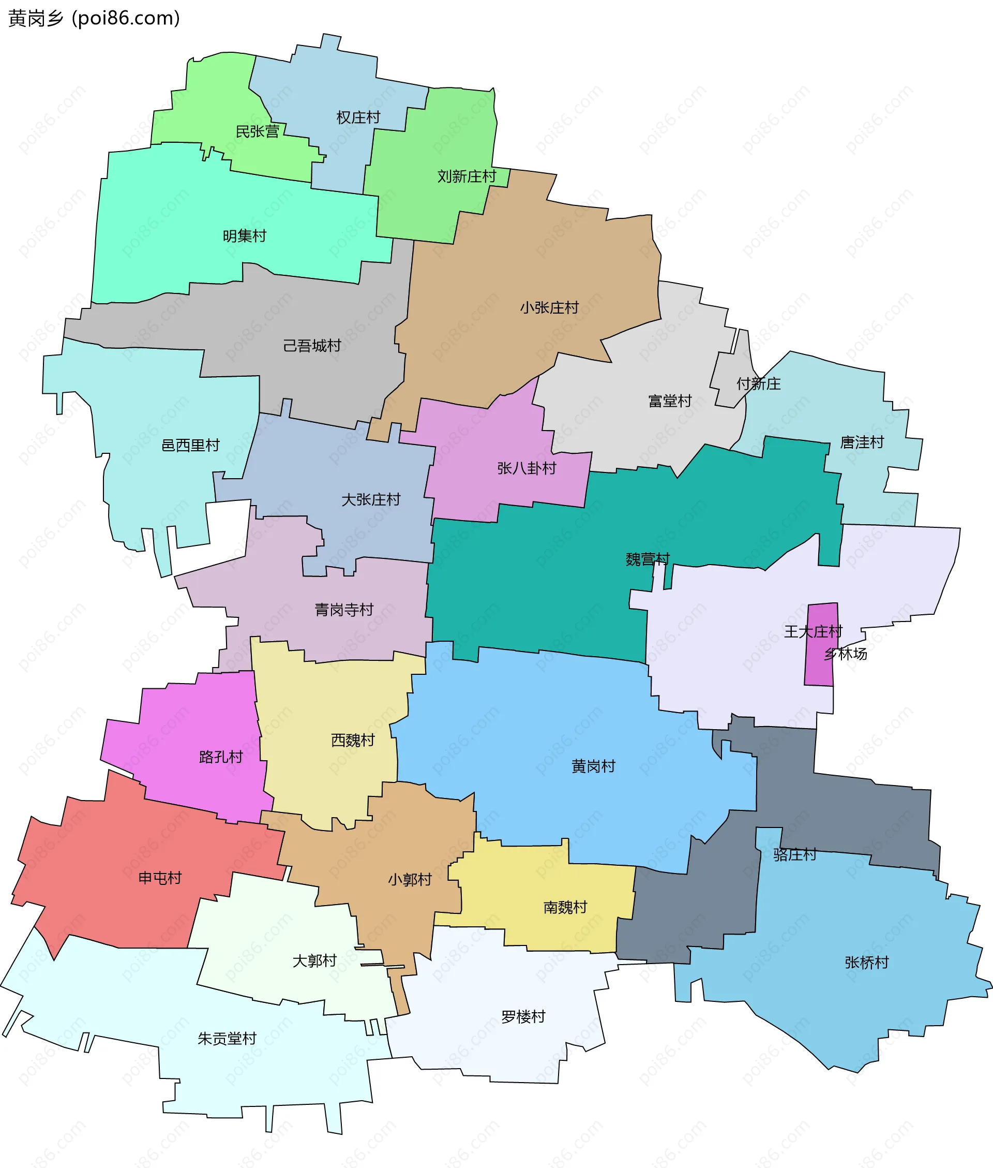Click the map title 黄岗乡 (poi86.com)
94,19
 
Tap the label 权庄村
358,117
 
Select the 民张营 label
257,132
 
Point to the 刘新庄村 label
467,176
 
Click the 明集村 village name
244,236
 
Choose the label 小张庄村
549,307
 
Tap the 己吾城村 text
312,346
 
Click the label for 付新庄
758,384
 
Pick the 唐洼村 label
862,442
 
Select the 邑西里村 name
190,446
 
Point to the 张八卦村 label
526,468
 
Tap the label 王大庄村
813,631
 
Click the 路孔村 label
221,757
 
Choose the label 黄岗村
593,766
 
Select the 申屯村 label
160,878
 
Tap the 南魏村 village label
565,907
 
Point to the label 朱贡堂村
227,1039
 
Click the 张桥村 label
866,963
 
